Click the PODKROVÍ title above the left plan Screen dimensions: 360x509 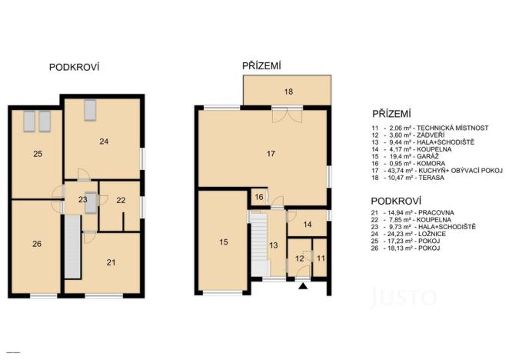pyautogui.click(x=75, y=68)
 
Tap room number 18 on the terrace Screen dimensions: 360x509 pyautogui.click(x=288, y=92)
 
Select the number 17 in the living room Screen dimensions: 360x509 pyautogui.click(x=271, y=154)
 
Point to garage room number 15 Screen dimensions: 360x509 pyautogui.click(x=223, y=242)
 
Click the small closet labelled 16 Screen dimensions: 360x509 pyautogui.click(x=259, y=198)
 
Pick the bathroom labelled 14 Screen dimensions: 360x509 pyautogui.click(x=306, y=224)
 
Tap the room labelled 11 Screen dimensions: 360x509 pyautogui.click(x=321, y=258)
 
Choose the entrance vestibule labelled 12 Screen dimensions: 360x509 pyautogui.click(x=300, y=258)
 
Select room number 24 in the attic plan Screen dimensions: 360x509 pyautogui.click(x=104, y=142)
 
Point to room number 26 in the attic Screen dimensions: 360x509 pyautogui.click(x=37, y=244)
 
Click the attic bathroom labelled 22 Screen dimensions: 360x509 pyautogui.click(x=120, y=200)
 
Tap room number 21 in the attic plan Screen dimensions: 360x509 pyautogui.click(x=111, y=262)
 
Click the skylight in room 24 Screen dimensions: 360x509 pyautogui.click(x=90, y=108)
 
